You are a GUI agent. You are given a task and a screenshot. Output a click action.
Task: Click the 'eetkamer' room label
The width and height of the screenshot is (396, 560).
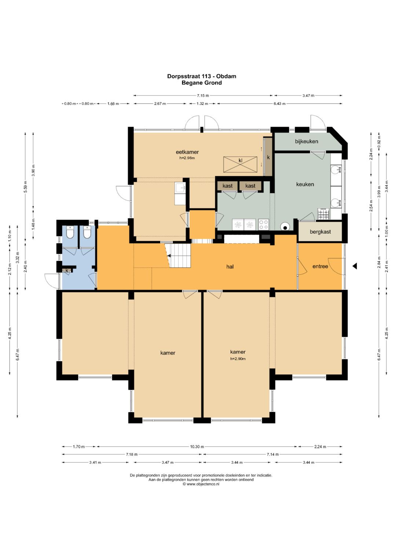coord(187,152)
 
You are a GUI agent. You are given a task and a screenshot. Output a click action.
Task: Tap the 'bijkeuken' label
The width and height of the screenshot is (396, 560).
coord(307,141)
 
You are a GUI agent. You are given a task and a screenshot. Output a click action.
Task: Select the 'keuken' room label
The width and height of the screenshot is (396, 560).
coord(305,184)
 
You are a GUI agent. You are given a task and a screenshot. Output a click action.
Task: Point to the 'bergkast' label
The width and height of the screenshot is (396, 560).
coord(320,232)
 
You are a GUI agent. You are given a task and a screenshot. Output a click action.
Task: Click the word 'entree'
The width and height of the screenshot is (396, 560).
coord(320,267)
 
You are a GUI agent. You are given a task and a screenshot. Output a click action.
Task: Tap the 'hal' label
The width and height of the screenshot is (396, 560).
coord(230,267)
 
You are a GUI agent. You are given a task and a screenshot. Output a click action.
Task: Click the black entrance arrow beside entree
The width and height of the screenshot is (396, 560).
coord(355,266)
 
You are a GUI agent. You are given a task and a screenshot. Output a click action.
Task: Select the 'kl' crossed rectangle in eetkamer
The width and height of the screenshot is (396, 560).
coord(240,164)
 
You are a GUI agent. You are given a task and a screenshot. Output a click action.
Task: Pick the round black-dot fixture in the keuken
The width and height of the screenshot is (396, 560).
coord(285,227)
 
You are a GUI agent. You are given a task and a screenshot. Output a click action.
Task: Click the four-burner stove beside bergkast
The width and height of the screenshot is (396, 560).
coord(324,214)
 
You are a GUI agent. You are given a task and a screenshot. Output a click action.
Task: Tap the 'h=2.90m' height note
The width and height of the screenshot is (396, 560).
coord(238,359)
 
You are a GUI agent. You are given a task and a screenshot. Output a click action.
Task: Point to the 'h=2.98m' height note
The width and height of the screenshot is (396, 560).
coord(187,158)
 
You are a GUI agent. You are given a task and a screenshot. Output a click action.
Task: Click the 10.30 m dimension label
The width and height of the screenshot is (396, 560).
coord(197,447)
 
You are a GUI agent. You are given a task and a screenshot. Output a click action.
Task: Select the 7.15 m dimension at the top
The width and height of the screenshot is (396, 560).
coord(203,95)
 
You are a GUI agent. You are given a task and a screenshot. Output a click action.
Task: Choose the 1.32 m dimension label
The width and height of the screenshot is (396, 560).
coord(202,103)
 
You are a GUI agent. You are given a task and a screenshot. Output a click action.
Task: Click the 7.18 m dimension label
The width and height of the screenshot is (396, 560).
coord(132,454)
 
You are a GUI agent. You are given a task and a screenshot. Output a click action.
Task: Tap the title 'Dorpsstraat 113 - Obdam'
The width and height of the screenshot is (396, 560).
coord(202,76)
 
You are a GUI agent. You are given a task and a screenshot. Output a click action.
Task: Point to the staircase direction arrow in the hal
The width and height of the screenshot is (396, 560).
coord(169,256)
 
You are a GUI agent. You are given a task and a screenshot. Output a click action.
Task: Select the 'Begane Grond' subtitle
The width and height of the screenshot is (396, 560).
coord(202,83)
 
